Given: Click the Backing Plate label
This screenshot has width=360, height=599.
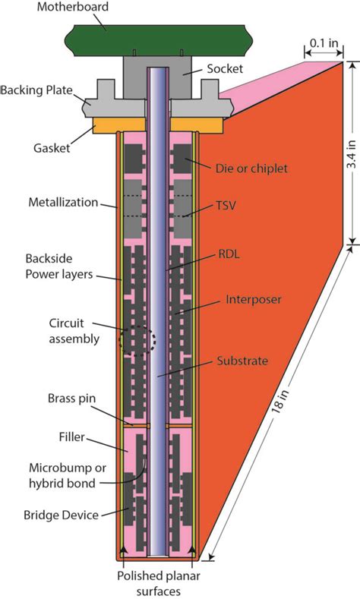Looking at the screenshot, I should pyautogui.click(x=36, y=90).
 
